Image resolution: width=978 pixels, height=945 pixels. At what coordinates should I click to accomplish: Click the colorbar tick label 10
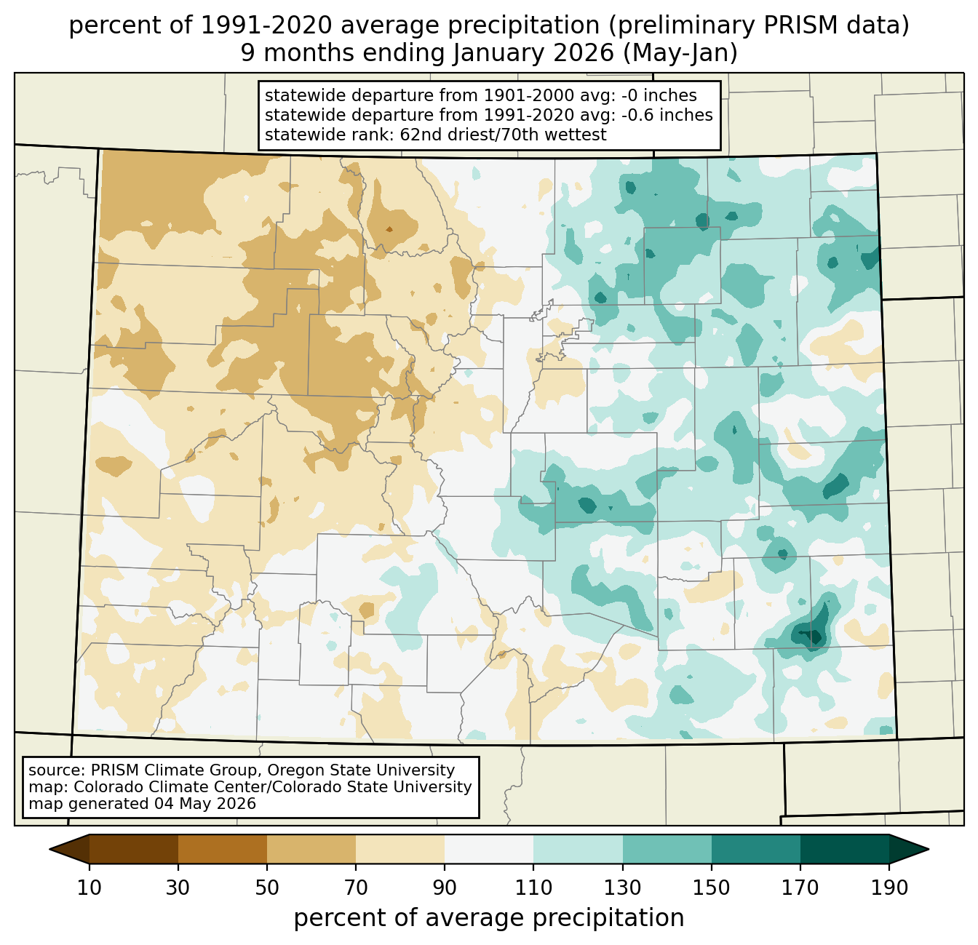pos(89,888)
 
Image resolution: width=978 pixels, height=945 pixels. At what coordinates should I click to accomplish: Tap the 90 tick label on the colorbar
pos(445,888)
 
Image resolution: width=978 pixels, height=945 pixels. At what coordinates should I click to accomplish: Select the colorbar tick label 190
pos(889,888)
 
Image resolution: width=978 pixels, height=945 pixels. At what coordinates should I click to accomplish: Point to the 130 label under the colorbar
pos(622,888)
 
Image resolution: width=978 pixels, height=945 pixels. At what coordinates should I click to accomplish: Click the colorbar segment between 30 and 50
pos(222,849)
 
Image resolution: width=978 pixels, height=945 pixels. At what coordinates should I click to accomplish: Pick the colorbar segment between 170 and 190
pos(844,849)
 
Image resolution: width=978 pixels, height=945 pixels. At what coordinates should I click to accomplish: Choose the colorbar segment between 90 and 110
pos(489,849)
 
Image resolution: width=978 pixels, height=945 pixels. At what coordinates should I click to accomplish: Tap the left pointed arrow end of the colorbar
pos(69,849)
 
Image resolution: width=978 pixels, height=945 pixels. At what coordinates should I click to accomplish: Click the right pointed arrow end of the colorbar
pos(909,849)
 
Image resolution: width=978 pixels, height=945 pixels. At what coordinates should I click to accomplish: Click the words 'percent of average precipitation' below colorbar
pos(488,918)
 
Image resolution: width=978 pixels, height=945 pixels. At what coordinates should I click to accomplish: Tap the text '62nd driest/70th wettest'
pos(503,135)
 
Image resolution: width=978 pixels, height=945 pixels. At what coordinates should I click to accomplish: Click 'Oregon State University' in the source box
pos(361,770)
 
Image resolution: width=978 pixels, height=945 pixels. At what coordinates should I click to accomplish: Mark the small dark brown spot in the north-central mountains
pos(389,230)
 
